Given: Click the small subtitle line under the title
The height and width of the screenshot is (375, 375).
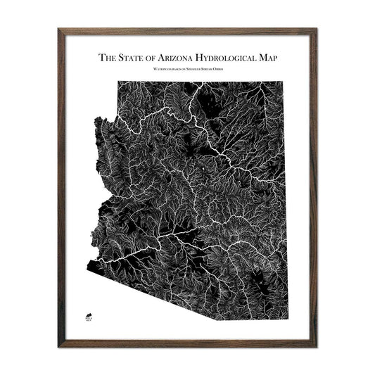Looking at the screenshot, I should click(187, 71).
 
